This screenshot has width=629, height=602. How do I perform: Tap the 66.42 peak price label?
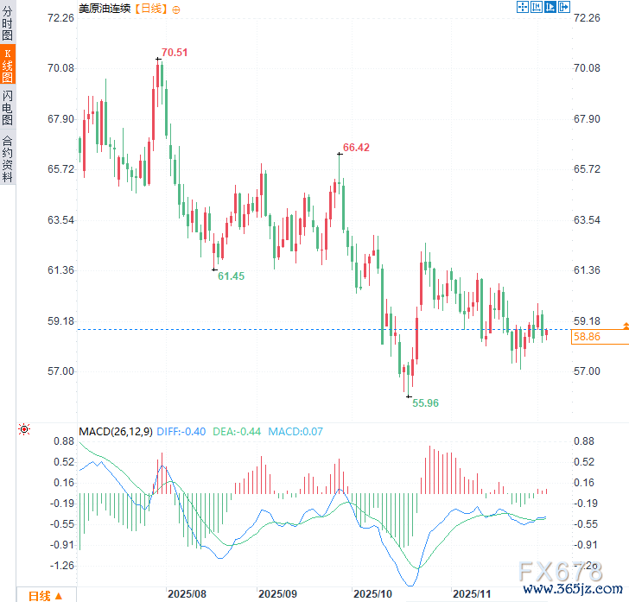point(356,148)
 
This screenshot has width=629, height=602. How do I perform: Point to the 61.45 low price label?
point(231,276)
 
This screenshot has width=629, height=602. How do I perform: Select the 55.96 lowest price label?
point(425,402)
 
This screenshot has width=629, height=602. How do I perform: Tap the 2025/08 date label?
point(187,594)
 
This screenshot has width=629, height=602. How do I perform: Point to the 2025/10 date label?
point(374,594)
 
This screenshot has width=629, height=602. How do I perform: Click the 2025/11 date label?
point(473,594)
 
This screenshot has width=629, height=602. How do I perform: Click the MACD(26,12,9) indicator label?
point(116,431)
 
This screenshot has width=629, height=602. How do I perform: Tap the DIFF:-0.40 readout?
point(181,431)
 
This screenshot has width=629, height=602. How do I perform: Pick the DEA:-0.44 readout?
point(238,431)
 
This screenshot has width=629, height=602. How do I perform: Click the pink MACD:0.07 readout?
point(295,431)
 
